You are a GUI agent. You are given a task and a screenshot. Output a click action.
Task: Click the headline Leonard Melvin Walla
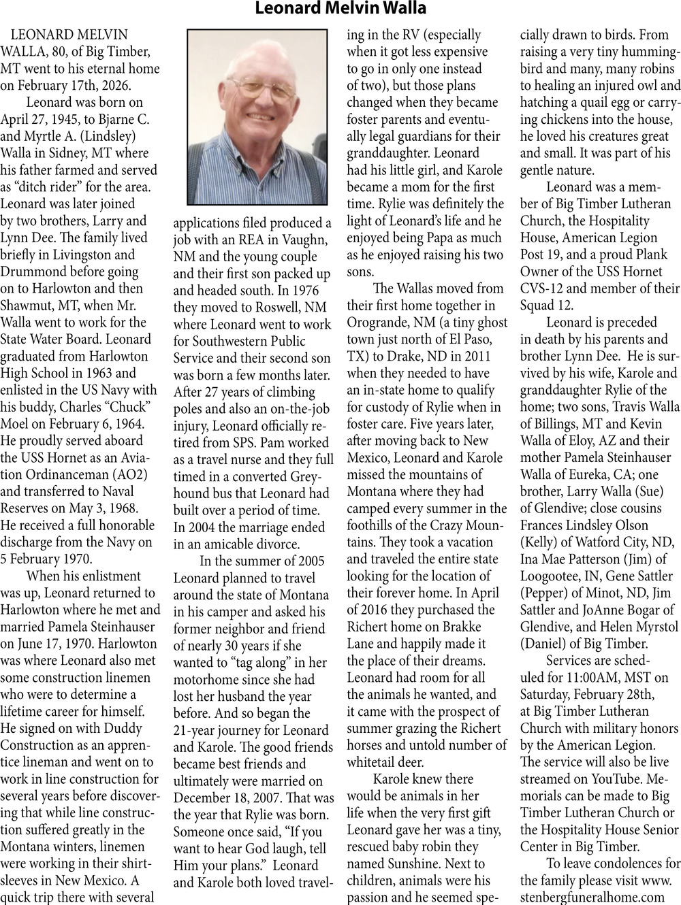click(340, 9)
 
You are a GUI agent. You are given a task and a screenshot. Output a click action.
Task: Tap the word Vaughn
click(305, 240)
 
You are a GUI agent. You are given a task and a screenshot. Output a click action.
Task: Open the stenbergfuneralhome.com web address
click(592, 897)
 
